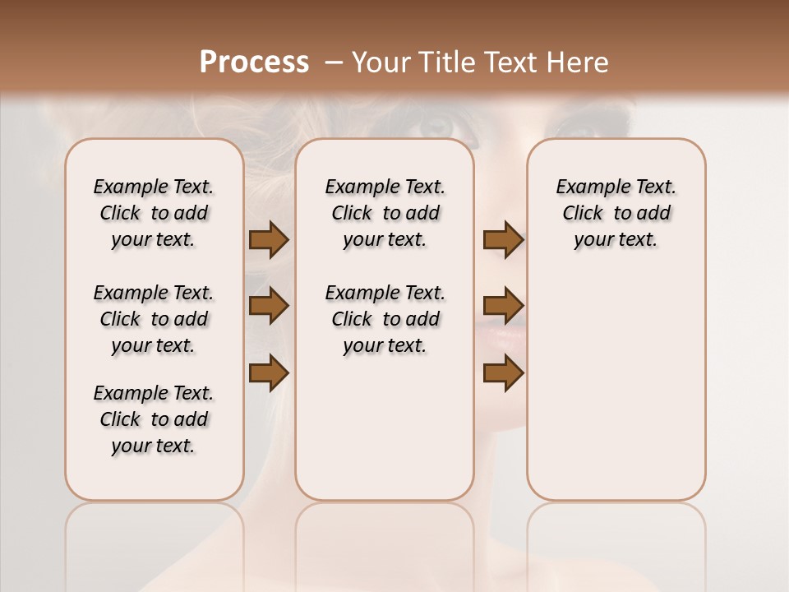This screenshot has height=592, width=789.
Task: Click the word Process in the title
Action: (x=254, y=62)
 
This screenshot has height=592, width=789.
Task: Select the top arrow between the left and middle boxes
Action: (x=269, y=239)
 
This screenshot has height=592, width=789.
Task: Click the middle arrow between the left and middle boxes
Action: (x=269, y=306)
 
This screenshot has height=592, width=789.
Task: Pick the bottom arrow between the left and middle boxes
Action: (x=269, y=372)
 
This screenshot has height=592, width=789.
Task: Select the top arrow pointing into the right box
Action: (x=503, y=239)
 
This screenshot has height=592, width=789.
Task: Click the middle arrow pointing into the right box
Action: (x=503, y=306)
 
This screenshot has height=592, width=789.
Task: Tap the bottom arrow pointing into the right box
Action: (x=503, y=372)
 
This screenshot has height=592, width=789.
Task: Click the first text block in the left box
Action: (x=154, y=213)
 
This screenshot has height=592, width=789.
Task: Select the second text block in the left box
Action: (x=154, y=319)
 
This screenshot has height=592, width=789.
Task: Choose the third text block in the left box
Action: (x=154, y=419)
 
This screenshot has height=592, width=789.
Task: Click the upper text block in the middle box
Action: (x=385, y=213)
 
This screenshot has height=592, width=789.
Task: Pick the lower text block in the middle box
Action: (x=385, y=319)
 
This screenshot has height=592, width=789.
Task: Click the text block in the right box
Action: (x=616, y=213)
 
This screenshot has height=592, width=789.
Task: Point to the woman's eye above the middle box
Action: (x=436, y=126)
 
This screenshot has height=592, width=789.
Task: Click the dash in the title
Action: (x=334, y=62)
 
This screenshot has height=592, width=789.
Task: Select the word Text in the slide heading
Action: (x=508, y=62)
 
